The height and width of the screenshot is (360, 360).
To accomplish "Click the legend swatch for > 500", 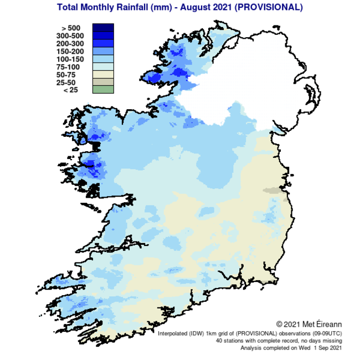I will pyautogui.click(x=103, y=28).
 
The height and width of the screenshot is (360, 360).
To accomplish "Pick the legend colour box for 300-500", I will pyautogui.click(x=103, y=36).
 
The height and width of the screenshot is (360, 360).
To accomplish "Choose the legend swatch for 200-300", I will pyautogui.click(x=103, y=44).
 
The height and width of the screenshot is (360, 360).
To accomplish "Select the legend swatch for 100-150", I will pyautogui.click(x=103, y=59).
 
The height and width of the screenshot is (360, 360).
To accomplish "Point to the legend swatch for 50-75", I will pyautogui.click(x=103, y=74).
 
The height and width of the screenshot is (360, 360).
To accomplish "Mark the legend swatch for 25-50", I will pyautogui.click(x=103, y=82).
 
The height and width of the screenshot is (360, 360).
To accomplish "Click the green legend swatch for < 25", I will pyautogui.click(x=103, y=89).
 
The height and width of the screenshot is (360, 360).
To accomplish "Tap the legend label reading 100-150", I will pyautogui.click(x=70, y=59).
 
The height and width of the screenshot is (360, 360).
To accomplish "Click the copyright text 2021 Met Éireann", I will pyautogui.click(x=313, y=324).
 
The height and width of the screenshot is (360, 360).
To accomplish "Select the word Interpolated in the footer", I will pyautogui.click(x=173, y=334).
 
